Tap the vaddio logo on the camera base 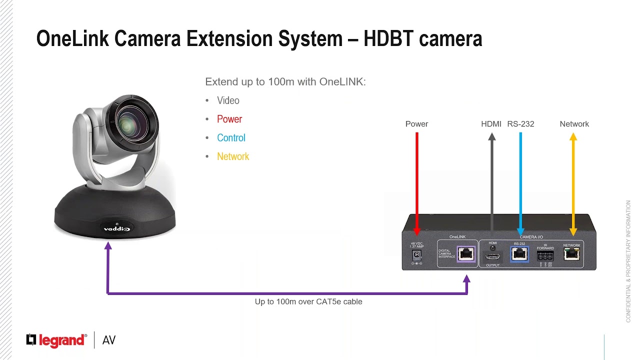click(116, 229)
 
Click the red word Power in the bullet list click(229, 119)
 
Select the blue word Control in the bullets click(231, 138)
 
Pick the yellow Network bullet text click(233, 156)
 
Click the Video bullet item click(228, 100)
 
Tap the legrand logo click(56, 340)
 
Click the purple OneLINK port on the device click(466, 253)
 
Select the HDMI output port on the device click(492, 256)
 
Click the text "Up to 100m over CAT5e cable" click(308, 301)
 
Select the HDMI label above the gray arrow click(491, 124)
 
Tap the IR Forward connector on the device click(545, 256)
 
